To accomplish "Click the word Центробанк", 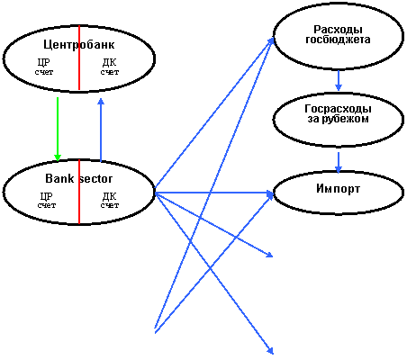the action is point(79,44).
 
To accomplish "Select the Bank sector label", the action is point(79,178).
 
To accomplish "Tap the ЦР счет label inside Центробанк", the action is point(44,67).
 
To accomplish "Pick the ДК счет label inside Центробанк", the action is point(110,67).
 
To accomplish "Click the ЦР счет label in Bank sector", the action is point(47,200).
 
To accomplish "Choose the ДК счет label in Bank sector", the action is point(110,200).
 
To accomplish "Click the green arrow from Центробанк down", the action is point(58,130).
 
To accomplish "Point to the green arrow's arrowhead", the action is point(58,157).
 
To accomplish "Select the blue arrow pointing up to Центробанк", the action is point(101,130).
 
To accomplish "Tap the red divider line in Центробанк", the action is point(79,58).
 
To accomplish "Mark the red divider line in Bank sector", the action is point(79,192).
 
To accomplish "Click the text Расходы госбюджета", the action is point(338,34).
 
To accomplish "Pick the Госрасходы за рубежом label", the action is point(338,113).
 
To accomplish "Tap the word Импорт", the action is point(338,189).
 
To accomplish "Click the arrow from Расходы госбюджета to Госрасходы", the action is point(339,80).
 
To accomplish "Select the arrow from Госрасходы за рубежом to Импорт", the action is point(339,163).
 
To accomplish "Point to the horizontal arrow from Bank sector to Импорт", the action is point(214,193).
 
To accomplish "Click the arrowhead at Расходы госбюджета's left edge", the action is point(270,41).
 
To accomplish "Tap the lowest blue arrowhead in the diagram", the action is point(270,350).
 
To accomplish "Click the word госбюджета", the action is point(338,40).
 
